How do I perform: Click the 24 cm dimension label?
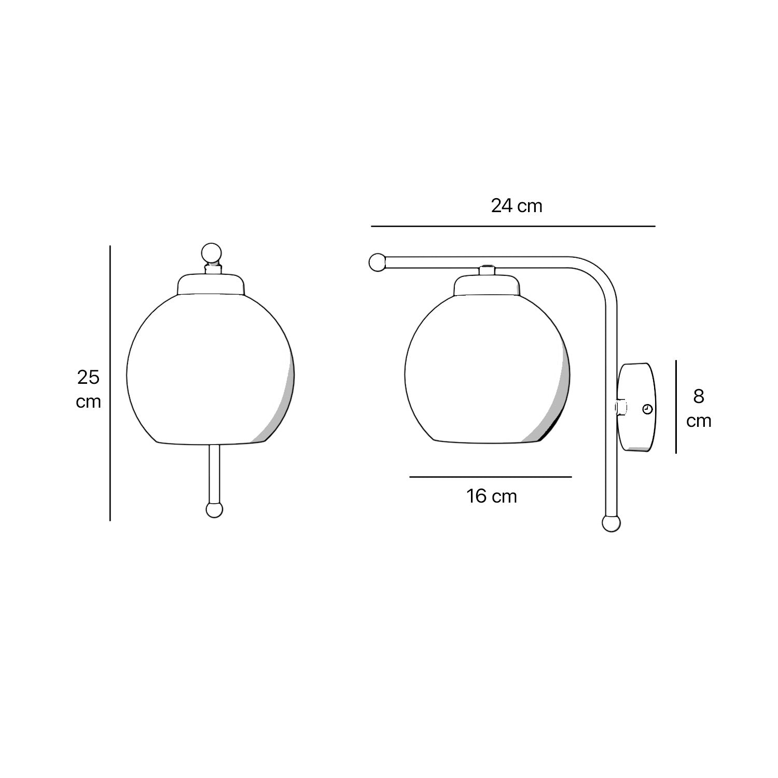point(517,206)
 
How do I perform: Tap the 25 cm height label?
point(88,389)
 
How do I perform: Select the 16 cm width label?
point(491,496)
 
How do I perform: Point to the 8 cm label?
point(699,408)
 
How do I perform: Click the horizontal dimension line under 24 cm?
point(513,227)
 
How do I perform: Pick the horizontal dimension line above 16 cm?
point(490,477)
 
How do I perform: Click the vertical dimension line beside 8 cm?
point(676,407)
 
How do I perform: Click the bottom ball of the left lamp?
point(214,510)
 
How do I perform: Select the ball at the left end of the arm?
point(377,262)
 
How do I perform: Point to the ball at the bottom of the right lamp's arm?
point(611,524)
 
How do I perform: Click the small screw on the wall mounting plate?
point(647,409)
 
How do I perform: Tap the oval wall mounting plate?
point(637,407)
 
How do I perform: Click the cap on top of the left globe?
point(211,285)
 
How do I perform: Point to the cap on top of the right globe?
point(487,285)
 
